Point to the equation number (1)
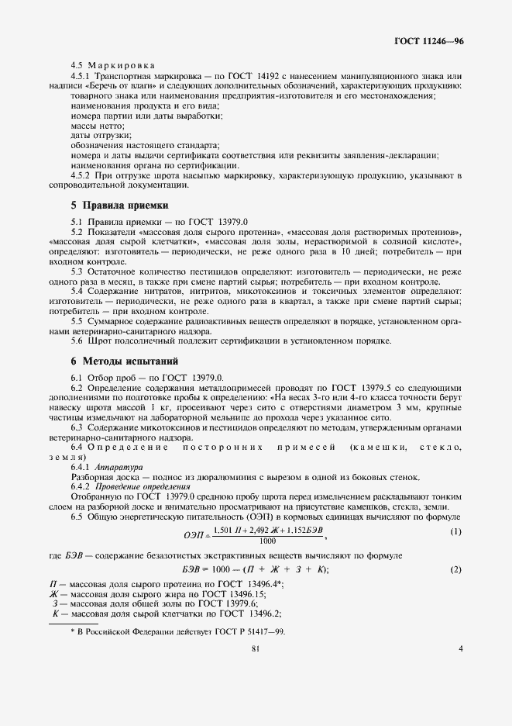click(455, 531)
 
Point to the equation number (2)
click(455, 570)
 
